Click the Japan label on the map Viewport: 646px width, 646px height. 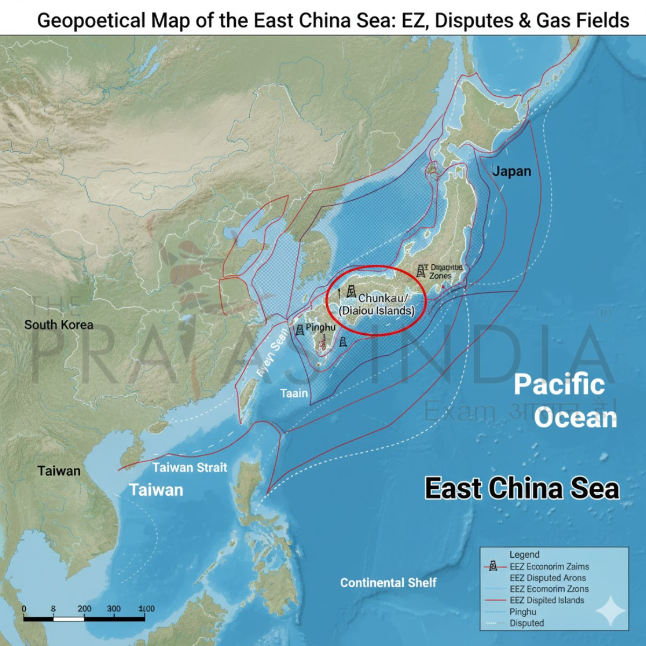[x=511, y=171]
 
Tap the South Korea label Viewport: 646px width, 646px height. [x=59, y=325]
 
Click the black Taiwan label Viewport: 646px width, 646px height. [x=59, y=471]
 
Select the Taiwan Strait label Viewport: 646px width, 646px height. [x=189, y=467]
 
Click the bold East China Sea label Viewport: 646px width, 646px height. [x=522, y=488]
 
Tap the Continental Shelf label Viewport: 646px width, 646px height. [x=388, y=582]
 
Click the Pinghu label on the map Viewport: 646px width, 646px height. [x=320, y=327]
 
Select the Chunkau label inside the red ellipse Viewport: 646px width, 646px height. [x=383, y=298]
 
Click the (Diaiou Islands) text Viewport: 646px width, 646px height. [x=377, y=311]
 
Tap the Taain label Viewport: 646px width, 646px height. [x=294, y=394]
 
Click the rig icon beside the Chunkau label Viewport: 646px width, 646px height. [x=351, y=291]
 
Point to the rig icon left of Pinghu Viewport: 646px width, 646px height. [x=299, y=329]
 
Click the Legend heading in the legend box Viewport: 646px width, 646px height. [x=524, y=554]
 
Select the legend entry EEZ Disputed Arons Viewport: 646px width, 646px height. [x=547, y=578]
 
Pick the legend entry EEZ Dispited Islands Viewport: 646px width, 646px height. [x=546, y=600]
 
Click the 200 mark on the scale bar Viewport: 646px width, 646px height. [x=84, y=609]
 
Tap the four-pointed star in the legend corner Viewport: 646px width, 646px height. [x=610, y=611]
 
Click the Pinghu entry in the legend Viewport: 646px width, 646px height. [x=523, y=612]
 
